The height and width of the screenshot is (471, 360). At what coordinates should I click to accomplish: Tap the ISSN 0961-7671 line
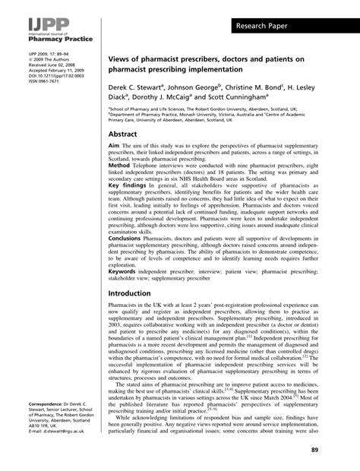tap(25, 85)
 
